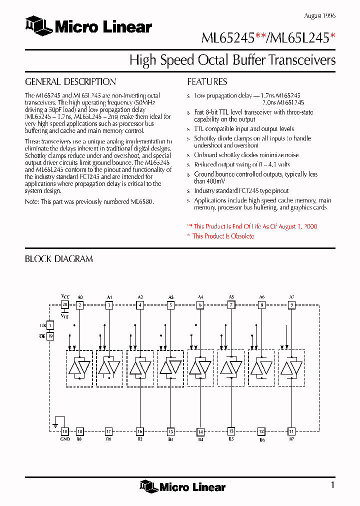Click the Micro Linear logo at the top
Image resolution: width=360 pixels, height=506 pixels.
click(x=88, y=27)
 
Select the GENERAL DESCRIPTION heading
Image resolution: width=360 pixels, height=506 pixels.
click(x=70, y=82)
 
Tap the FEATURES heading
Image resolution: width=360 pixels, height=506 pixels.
click(x=207, y=82)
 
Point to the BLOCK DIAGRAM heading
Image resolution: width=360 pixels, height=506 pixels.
click(x=58, y=259)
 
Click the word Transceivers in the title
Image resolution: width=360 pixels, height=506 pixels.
click(x=302, y=60)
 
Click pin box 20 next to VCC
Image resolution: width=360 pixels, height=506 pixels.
click(x=64, y=304)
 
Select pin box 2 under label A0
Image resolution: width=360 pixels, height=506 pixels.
click(x=79, y=304)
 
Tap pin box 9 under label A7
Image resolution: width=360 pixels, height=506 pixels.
click(x=291, y=304)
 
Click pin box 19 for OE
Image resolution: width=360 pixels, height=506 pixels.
click(x=50, y=336)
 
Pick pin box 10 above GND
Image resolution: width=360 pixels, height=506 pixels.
click(x=64, y=431)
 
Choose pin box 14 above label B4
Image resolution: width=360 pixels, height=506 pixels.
click(x=200, y=431)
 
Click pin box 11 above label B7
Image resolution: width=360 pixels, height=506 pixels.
click(x=291, y=431)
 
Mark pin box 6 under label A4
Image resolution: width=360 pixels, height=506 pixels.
click(x=200, y=304)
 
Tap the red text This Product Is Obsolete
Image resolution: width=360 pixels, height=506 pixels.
click(x=223, y=236)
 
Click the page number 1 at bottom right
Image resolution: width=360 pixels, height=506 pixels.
click(x=332, y=484)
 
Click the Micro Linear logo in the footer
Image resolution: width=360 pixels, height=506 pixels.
click(x=183, y=486)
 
